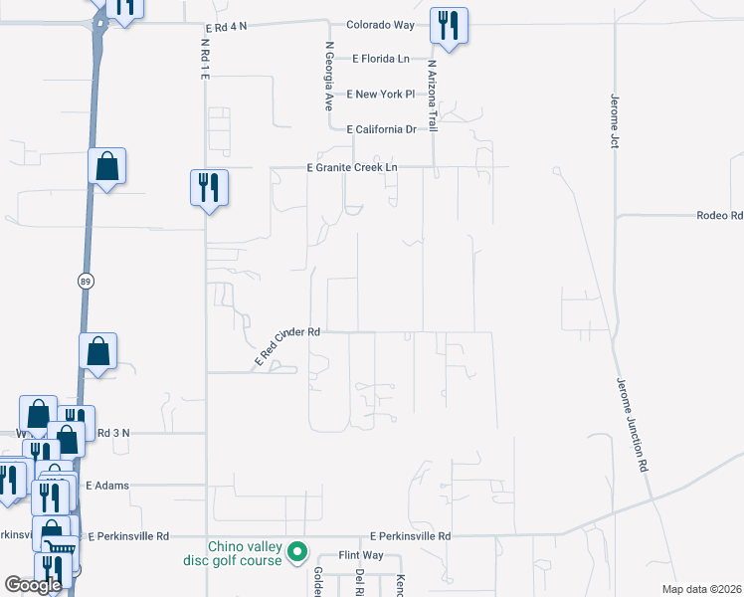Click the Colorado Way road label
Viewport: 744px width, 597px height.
click(379, 25)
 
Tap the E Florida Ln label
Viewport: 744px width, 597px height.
click(381, 59)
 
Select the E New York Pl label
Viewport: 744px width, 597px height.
click(381, 94)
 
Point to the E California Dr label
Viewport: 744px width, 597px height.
click(381, 129)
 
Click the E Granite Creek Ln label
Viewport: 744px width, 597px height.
click(351, 168)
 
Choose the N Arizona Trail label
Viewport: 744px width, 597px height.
click(433, 94)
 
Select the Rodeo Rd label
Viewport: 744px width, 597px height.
click(719, 215)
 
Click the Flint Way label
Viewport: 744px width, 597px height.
click(361, 554)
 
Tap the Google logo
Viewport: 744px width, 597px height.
click(33, 585)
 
